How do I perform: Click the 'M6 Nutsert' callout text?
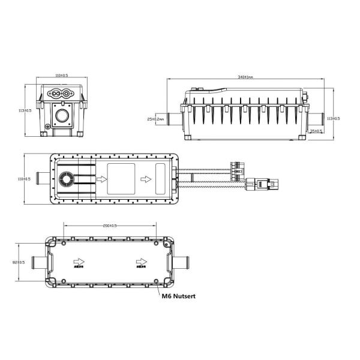click(x=179, y=295)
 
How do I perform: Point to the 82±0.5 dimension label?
click(x=19, y=262)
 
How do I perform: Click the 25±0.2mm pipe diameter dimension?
click(x=155, y=118)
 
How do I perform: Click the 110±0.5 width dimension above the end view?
click(x=61, y=76)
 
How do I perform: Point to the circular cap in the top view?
click(x=66, y=179)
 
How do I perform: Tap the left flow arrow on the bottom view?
click(x=77, y=262)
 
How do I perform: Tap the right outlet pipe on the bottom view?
click(x=183, y=262)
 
